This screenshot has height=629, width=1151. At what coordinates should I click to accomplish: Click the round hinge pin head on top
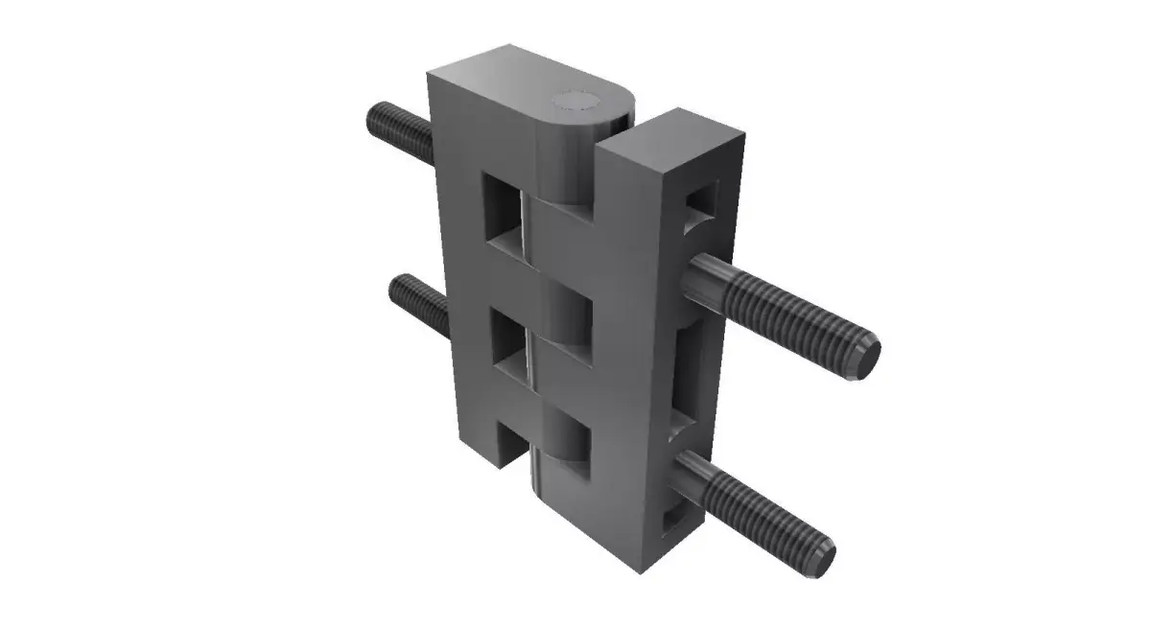tap(578, 103)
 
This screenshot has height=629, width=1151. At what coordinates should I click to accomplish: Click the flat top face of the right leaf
tap(676, 134)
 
